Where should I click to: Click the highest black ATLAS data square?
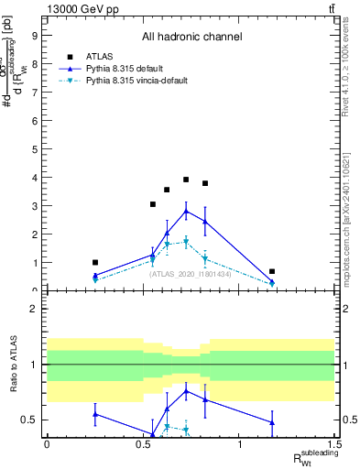[186, 180]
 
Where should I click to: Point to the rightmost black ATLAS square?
[272, 271]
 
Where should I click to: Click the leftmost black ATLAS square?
[95, 262]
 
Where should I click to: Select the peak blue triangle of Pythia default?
[186, 211]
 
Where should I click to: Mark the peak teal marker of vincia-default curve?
[186, 242]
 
